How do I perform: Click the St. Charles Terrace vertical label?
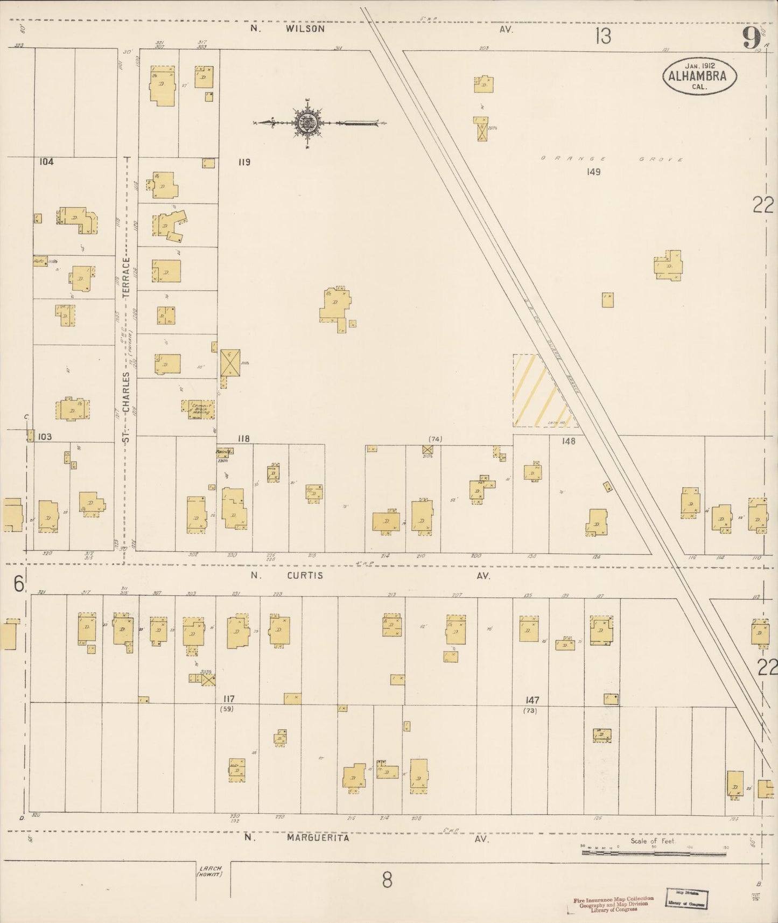click(x=126, y=350)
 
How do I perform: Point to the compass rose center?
click(x=306, y=123)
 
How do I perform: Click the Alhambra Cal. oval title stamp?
click(x=699, y=76)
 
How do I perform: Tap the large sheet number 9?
click(x=751, y=38)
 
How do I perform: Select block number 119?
click(x=244, y=162)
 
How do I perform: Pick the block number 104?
click(x=46, y=162)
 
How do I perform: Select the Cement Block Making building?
click(x=200, y=410)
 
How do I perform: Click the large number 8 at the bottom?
click(x=387, y=880)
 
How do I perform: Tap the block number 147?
click(x=532, y=700)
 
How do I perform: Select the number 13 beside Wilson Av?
click(x=603, y=37)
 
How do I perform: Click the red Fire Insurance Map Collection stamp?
click(x=613, y=903)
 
